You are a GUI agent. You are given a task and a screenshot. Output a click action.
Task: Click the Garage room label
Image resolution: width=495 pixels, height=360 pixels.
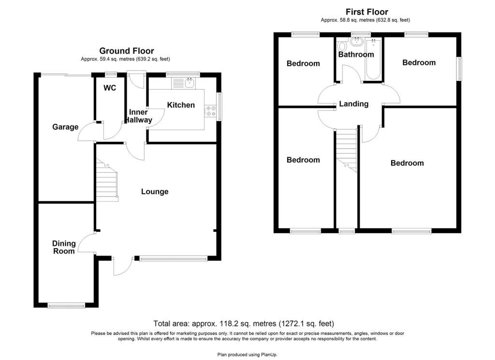(65, 127)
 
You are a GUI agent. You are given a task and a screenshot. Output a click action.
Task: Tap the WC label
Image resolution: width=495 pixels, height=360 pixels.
(111, 88)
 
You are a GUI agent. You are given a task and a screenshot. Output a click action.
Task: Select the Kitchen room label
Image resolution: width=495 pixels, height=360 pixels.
(181, 105)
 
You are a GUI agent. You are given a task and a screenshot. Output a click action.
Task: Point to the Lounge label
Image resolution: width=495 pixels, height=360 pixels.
(155, 192)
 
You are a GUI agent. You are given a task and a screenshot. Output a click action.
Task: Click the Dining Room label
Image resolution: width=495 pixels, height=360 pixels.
(64, 247)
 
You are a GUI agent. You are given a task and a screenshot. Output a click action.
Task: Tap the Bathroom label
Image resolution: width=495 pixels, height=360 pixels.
(356, 55)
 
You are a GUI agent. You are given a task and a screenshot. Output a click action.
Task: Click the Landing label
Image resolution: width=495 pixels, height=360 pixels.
(354, 104)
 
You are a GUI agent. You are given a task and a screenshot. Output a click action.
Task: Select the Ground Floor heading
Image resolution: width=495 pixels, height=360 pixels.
(127, 51)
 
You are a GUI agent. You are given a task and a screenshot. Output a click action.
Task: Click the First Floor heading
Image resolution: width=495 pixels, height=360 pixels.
(366, 12)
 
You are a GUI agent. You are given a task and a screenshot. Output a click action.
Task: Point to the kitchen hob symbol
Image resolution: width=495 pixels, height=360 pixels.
(211, 111)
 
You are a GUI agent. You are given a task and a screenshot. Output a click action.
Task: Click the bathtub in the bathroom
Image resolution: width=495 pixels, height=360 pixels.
(373, 60)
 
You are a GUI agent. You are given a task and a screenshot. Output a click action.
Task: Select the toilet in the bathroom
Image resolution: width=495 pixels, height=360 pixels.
(342, 46)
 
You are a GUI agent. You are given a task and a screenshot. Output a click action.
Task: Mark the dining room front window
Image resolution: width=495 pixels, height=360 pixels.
(66, 305)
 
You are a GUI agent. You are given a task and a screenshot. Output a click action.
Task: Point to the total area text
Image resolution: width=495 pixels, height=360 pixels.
(244, 323)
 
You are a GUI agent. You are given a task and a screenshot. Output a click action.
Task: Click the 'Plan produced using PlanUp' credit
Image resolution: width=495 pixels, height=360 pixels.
(247, 354)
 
